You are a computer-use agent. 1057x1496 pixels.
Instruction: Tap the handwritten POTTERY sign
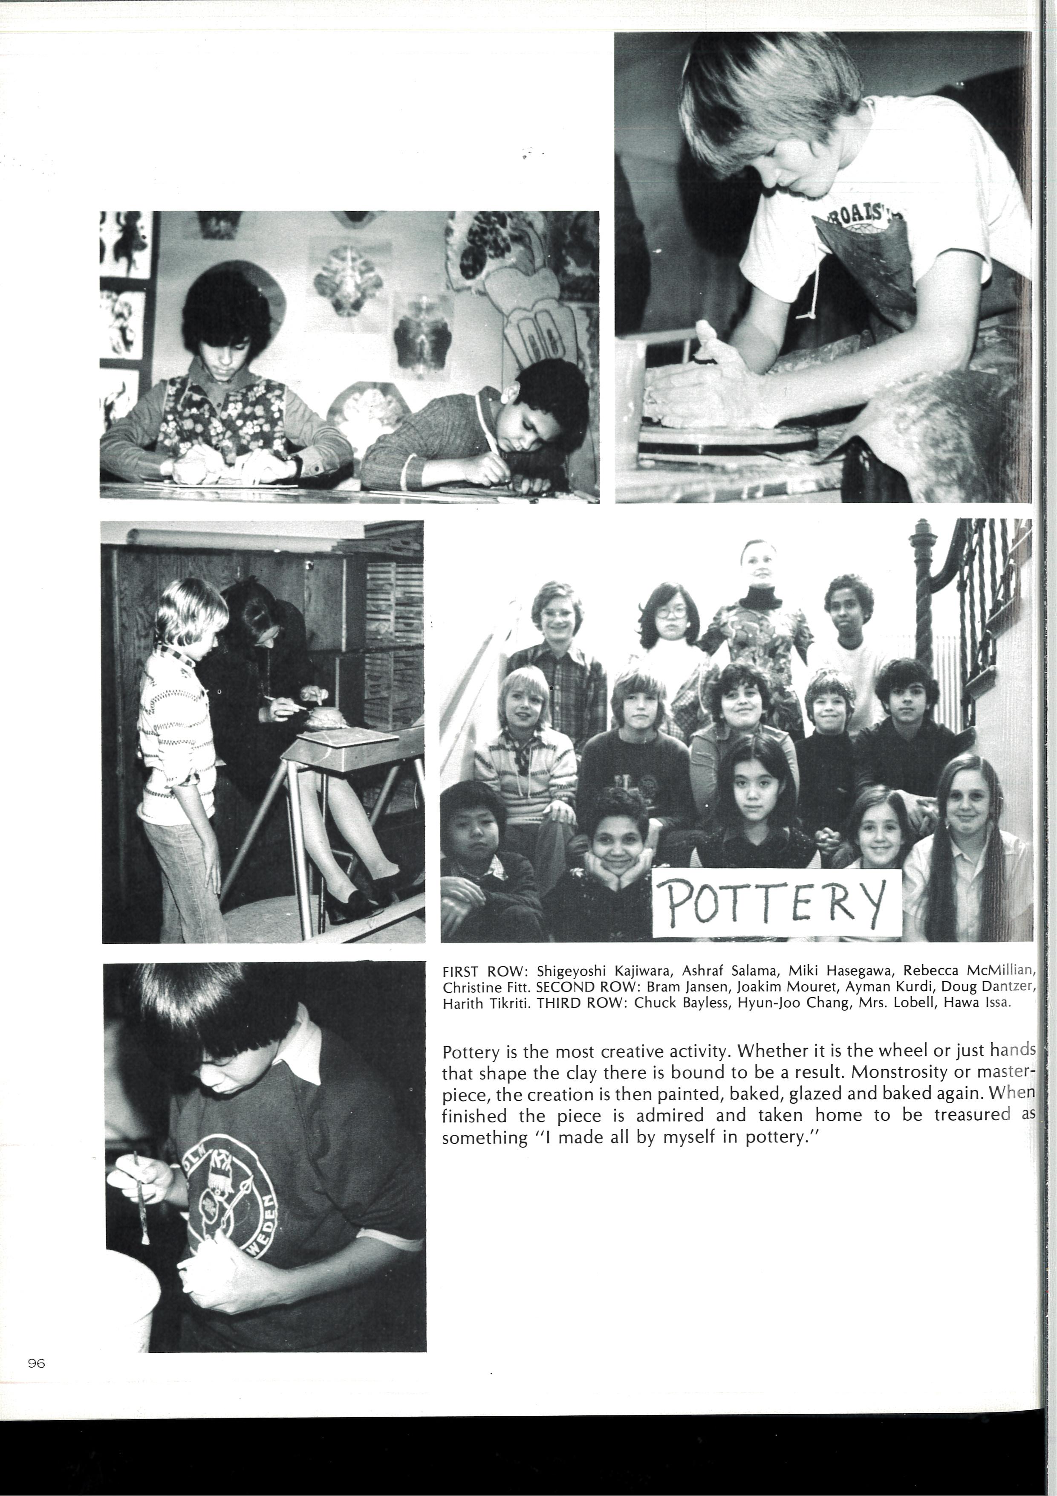pyautogui.click(x=776, y=902)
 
